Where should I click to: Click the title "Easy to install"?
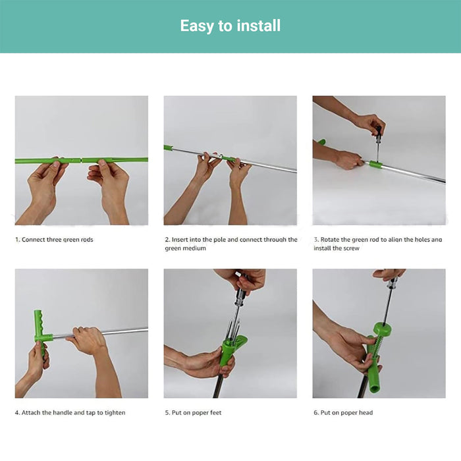(x=230, y=26)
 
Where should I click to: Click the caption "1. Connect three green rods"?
(x=54, y=240)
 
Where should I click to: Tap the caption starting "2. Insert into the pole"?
(x=230, y=244)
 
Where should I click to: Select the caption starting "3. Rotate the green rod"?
(x=378, y=244)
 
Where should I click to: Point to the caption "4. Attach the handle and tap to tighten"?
(x=70, y=412)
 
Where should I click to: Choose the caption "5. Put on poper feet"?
(x=193, y=413)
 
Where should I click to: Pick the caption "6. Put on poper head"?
(x=343, y=413)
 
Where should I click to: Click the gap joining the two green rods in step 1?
(x=81, y=161)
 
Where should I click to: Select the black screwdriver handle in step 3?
(x=379, y=131)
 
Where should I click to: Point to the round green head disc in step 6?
(x=383, y=329)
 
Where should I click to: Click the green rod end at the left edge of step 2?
(x=168, y=148)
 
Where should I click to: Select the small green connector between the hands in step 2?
(x=230, y=159)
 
